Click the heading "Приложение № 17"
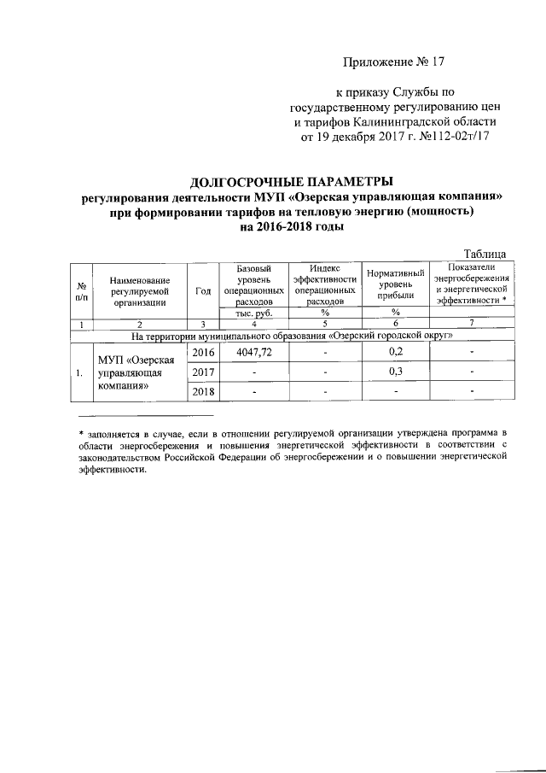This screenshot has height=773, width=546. (393, 62)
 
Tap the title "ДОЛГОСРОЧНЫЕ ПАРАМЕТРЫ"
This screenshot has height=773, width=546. (292, 183)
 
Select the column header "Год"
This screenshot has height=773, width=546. (203, 290)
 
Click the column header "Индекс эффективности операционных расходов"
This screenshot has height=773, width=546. (324, 284)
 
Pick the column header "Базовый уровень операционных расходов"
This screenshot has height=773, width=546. (253, 284)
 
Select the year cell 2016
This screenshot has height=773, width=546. (203, 353)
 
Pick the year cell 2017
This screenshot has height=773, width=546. (203, 372)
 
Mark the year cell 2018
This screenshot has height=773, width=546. (203, 392)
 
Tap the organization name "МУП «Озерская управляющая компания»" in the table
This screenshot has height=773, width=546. (136, 372)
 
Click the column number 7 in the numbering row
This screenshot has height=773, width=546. (472, 324)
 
